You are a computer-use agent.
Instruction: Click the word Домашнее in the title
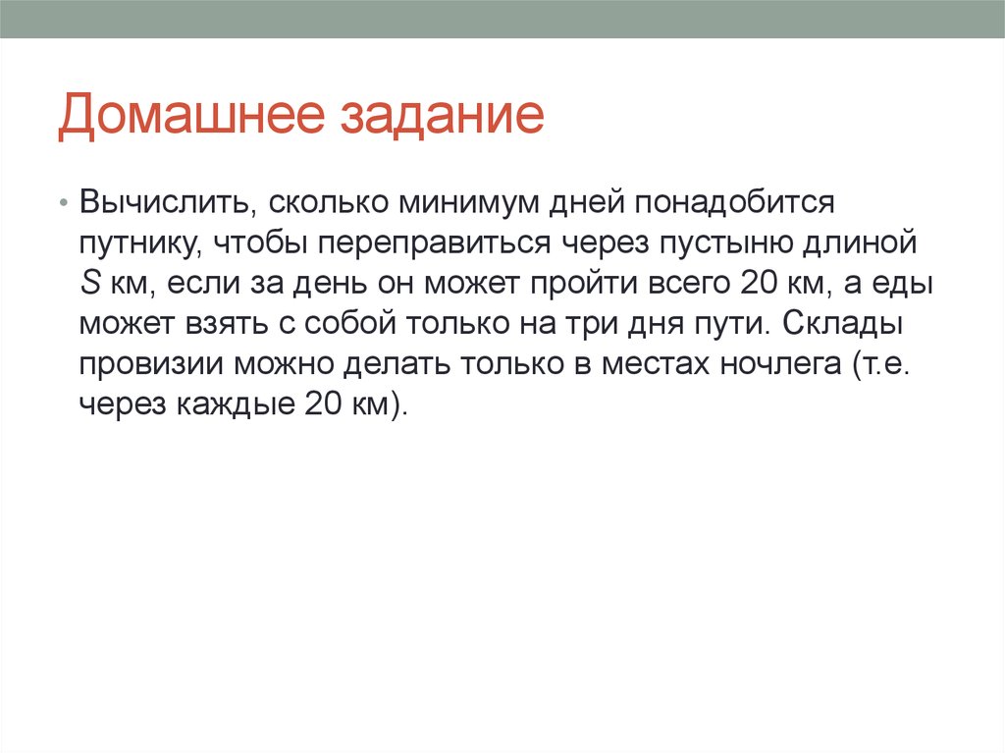click(x=191, y=116)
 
